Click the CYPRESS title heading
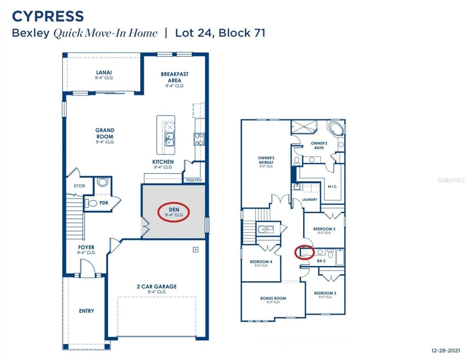click(48, 16)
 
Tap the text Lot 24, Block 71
click(220, 33)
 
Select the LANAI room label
click(104, 73)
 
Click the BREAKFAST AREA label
click(174, 77)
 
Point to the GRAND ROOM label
click(105, 133)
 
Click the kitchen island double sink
click(170, 139)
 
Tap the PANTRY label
click(194, 180)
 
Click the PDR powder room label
click(104, 203)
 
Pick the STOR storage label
click(79, 186)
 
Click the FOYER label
click(86, 247)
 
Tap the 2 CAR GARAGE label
click(156, 286)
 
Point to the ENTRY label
click(86, 311)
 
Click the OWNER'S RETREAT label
click(266, 160)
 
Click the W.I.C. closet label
click(332, 187)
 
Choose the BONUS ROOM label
click(273, 298)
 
